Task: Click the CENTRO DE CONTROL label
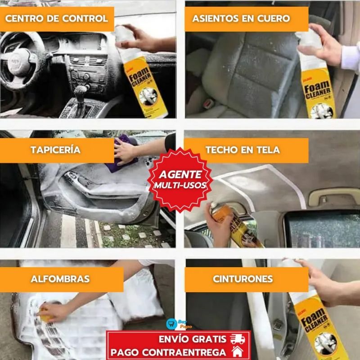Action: tap(57, 18)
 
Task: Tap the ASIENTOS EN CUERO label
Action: tap(241, 18)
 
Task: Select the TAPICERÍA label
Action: tap(56, 150)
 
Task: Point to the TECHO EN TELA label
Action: tap(243, 150)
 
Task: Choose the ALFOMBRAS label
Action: tap(60, 279)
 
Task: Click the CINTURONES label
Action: tap(243, 279)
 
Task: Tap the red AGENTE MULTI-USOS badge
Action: tap(180, 179)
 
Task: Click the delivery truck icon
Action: tap(237, 339)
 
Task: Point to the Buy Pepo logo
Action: tap(173, 324)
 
